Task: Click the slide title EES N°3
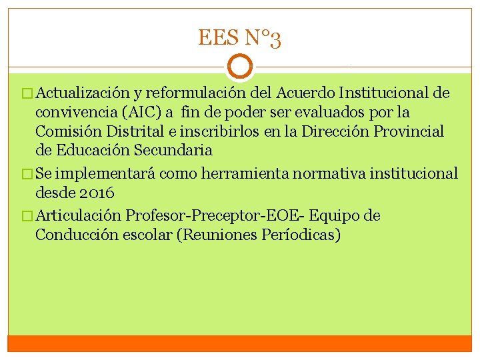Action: pos(239,39)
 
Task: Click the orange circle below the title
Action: pos(239,67)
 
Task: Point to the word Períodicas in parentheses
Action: pos(301,235)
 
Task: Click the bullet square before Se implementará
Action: pos(27,174)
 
